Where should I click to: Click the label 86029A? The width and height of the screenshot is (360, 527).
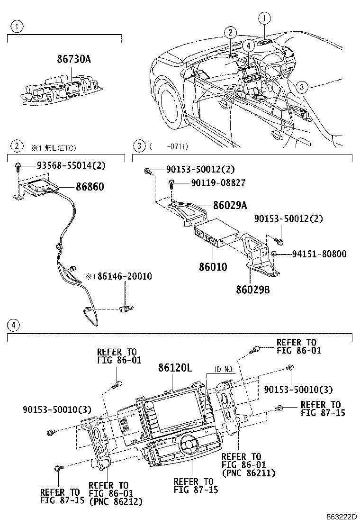[x=230, y=205]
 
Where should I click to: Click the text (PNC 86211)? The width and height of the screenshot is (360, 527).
[x=248, y=472]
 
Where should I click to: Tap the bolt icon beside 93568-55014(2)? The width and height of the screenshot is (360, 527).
[x=18, y=166]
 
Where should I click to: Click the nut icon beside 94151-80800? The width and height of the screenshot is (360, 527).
[x=275, y=254]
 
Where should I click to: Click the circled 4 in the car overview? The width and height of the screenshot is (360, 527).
[x=247, y=45]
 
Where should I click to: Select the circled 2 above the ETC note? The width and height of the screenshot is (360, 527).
[x=17, y=146]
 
